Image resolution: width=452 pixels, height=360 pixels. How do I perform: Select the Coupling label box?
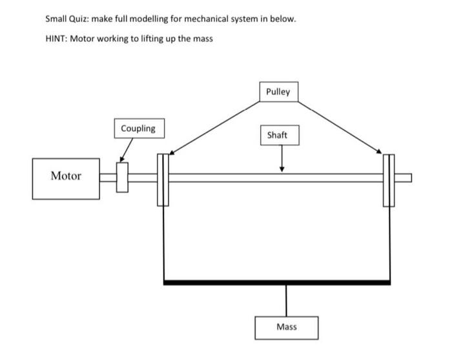[x=138, y=128]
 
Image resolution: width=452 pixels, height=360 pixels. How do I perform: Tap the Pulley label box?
[x=278, y=92]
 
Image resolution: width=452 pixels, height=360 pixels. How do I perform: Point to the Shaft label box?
[x=277, y=136]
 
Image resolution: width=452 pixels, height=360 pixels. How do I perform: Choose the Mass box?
[x=286, y=327]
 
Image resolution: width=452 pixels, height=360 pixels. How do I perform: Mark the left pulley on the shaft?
[x=162, y=179]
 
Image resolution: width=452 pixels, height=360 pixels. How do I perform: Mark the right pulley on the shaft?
[x=389, y=179]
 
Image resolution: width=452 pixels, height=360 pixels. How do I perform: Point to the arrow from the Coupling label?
[x=127, y=149]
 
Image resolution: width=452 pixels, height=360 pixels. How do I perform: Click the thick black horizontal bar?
[x=277, y=282]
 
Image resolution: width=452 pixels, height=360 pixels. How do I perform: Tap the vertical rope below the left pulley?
[x=165, y=242]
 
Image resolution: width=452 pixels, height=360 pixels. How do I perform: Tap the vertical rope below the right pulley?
[x=389, y=242]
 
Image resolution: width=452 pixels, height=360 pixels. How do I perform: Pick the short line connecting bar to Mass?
[x=286, y=300]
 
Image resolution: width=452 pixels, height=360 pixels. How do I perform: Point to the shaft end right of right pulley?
[x=403, y=178]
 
